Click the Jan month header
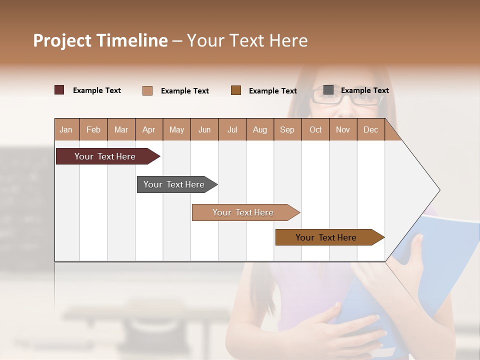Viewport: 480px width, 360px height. [66, 129]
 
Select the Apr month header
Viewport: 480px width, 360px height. [148, 129]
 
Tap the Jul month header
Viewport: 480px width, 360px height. [232, 129]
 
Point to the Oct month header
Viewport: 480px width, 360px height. [315, 129]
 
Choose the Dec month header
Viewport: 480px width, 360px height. [370, 129]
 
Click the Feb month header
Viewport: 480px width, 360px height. [93, 129]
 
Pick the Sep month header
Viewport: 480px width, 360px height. [287, 129]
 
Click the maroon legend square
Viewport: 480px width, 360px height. [59, 90]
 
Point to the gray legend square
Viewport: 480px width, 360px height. [328, 90]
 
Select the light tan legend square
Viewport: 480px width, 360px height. [147, 90]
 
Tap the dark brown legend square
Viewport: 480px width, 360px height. [236, 90]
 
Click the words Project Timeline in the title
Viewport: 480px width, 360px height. [100, 40]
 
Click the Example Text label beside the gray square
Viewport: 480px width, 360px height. [364, 90]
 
